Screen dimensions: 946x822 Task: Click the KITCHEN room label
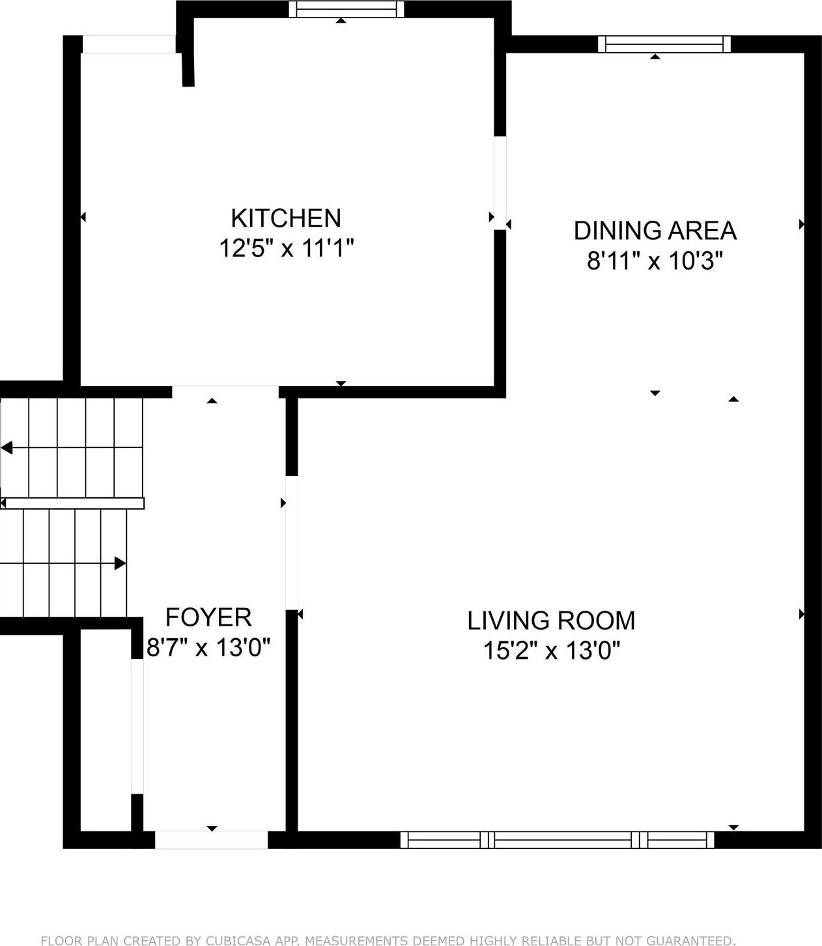(x=286, y=218)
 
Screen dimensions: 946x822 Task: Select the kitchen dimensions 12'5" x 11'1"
(x=286, y=248)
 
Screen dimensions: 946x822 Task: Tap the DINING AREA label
(x=655, y=231)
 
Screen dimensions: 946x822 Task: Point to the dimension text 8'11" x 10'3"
(x=655, y=261)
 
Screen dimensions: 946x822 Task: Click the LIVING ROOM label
(x=551, y=620)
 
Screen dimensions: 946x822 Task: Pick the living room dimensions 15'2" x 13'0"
(x=551, y=650)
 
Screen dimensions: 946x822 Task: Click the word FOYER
(x=208, y=617)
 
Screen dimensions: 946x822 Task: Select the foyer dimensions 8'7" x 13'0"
(x=208, y=648)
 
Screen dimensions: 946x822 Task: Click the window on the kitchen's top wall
(x=346, y=9)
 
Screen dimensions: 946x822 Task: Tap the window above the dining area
(x=664, y=44)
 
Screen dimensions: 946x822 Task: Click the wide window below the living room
(x=557, y=840)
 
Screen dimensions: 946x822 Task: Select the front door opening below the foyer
(x=211, y=840)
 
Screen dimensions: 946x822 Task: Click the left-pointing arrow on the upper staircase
(x=7, y=448)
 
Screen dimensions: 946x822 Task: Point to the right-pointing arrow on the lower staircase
(x=120, y=563)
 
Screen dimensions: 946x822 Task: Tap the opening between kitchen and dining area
(x=500, y=182)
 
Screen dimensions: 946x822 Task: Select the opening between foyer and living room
(x=292, y=542)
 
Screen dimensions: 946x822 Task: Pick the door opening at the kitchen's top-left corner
(x=129, y=44)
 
